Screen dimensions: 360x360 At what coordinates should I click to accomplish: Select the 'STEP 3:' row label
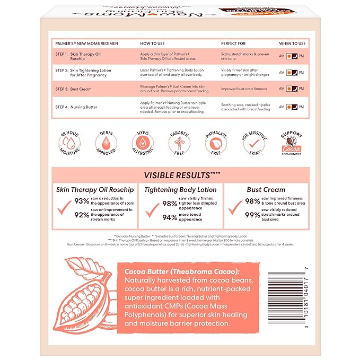[x=64, y=89]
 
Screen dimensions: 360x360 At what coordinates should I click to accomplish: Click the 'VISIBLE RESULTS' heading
[x=180, y=175]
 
